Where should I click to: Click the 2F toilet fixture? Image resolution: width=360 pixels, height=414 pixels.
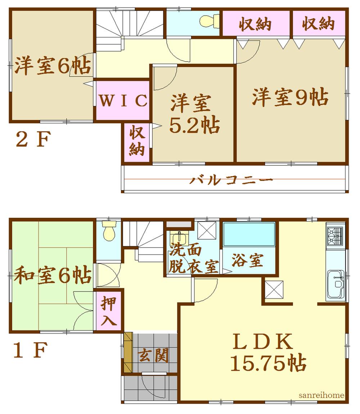point(210,21)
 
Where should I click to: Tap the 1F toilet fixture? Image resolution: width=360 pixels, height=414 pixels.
point(109,231)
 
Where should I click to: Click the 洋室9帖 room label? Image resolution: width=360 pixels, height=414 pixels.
point(290,97)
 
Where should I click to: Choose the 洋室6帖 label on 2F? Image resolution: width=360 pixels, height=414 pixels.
point(52,66)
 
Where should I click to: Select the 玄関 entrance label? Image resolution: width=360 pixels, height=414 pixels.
point(154,355)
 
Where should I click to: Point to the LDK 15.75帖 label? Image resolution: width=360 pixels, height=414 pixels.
point(268,353)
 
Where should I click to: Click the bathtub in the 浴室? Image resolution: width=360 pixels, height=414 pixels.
point(249,234)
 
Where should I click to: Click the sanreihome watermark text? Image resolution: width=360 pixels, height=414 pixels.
point(321,395)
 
